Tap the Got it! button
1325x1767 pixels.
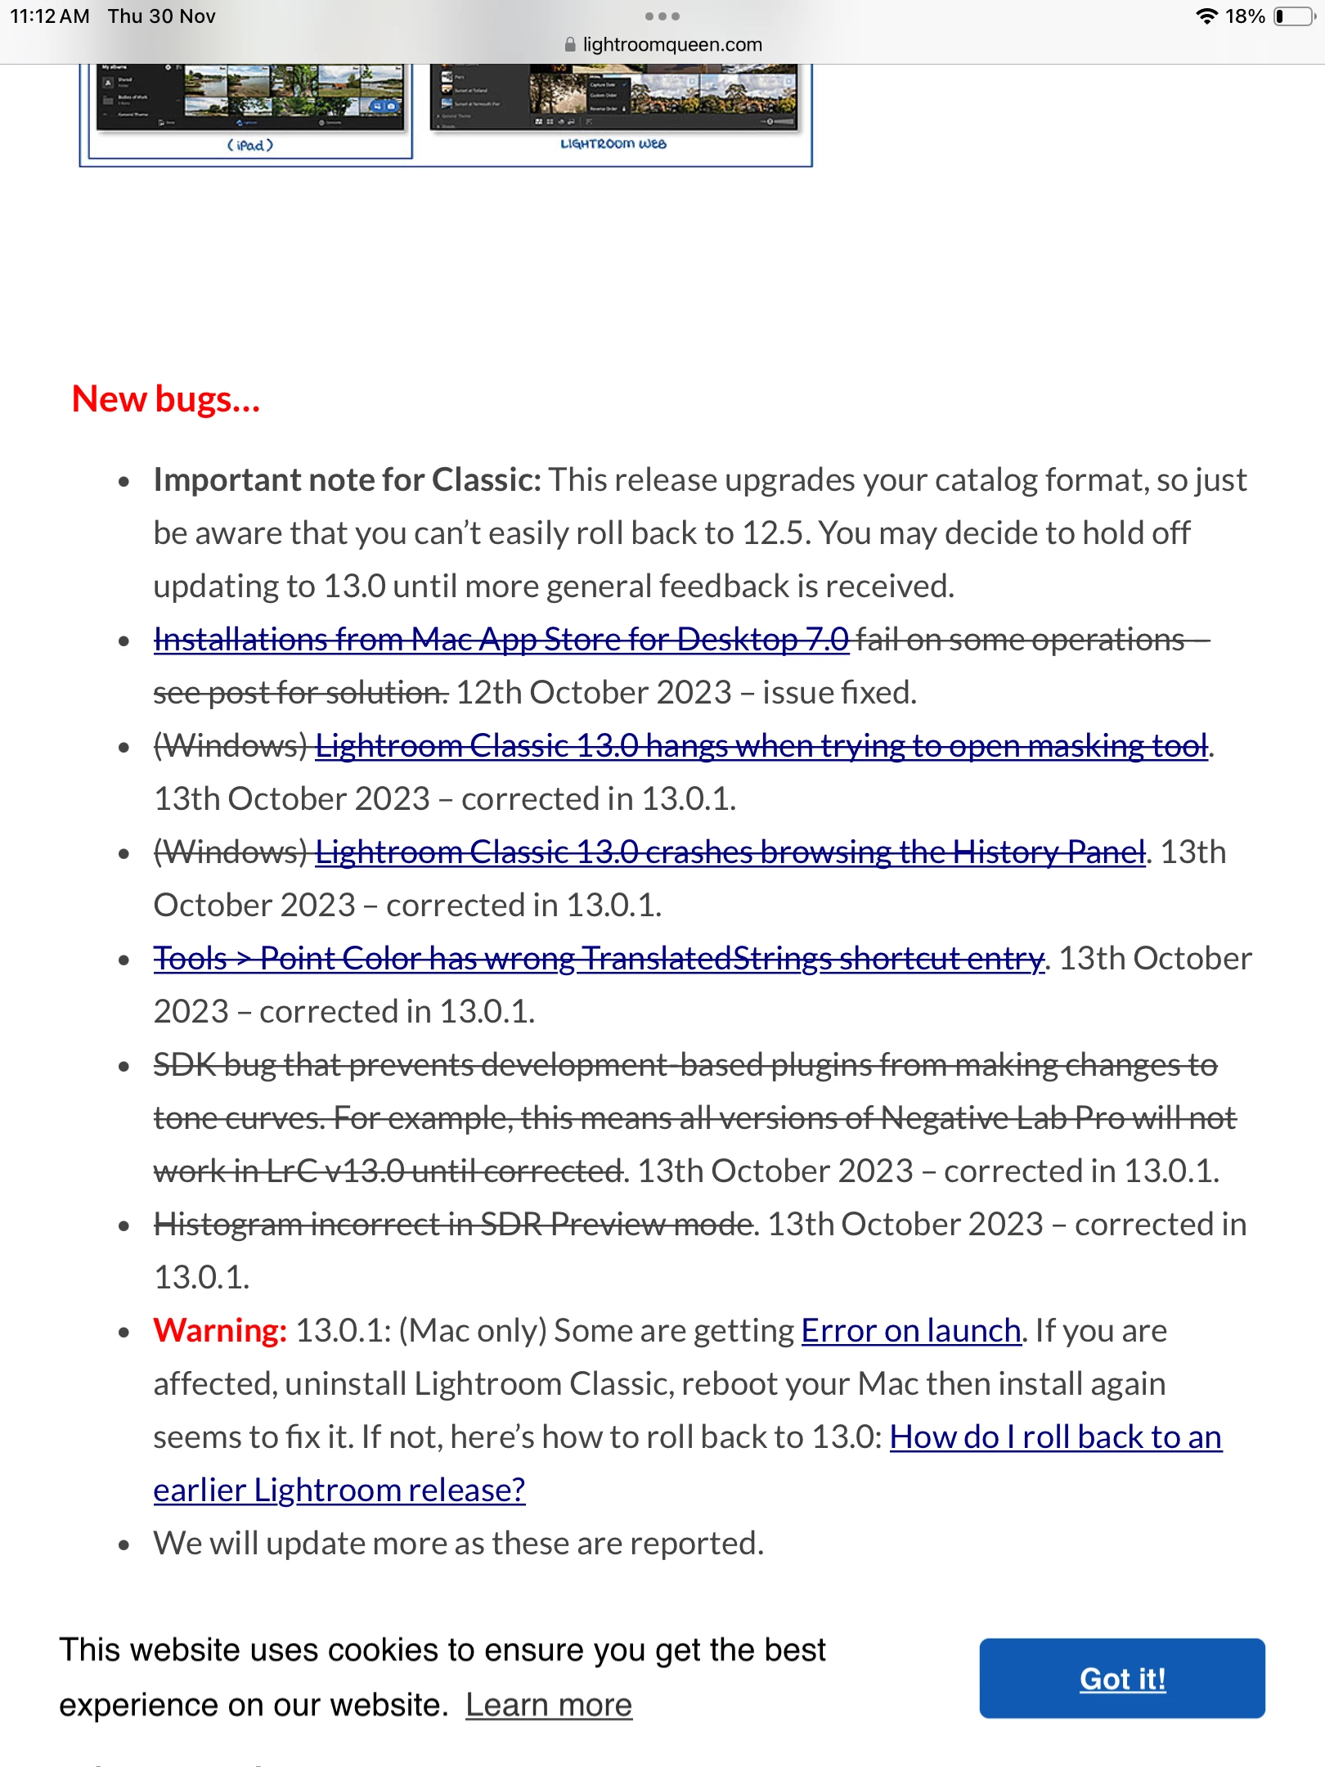(x=1121, y=1679)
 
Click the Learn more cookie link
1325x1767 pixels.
(x=549, y=1706)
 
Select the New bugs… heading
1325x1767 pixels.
(x=166, y=400)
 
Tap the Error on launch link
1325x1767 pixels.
(x=910, y=1331)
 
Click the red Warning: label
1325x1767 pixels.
(x=220, y=1331)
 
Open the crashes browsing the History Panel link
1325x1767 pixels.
(x=730, y=853)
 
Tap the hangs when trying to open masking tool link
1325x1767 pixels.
(x=761, y=747)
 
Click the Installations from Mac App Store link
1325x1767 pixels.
(x=501, y=641)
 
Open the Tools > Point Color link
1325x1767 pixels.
(x=599, y=960)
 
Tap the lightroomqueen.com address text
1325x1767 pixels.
(x=671, y=45)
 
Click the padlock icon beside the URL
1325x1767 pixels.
(x=570, y=45)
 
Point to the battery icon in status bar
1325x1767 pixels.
(x=1294, y=16)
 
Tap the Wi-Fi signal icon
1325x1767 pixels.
(x=1206, y=16)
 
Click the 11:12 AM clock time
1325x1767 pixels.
(x=50, y=16)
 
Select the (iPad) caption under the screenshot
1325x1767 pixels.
(x=249, y=146)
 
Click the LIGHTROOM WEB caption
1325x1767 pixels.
(x=613, y=144)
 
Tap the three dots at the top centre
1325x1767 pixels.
(x=662, y=16)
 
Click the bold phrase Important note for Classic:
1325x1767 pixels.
(x=347, y=480)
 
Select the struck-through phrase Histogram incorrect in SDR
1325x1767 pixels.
(x=452, y=1225)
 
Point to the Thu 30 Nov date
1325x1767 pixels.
(x=162, y=16)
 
